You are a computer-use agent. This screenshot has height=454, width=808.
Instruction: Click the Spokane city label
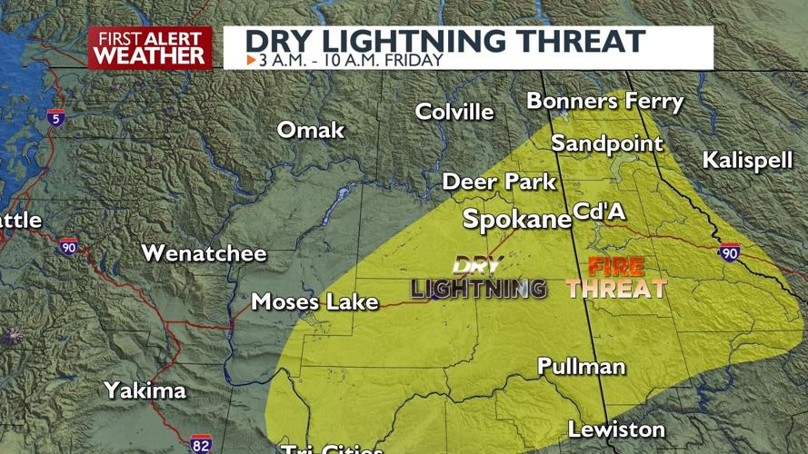pos(516,219)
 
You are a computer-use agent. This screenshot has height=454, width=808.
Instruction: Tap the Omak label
pos(311,130)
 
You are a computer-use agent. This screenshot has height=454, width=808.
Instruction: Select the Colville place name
pos(454,112)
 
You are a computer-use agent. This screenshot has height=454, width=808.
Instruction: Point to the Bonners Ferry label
pos(604,101)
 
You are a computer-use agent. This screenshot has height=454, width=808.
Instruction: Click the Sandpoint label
pos(607,143)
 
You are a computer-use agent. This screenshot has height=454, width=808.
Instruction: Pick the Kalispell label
pos(747,161)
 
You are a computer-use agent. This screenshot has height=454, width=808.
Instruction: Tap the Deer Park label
pos(499,182)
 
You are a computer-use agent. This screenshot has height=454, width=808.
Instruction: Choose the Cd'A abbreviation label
pos(600,212)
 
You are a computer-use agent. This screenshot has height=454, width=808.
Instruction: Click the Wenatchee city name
pos(204,253)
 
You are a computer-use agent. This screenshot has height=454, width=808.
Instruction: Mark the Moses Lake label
pos(314,301)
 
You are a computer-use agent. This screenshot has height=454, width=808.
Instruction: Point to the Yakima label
pos(145,390)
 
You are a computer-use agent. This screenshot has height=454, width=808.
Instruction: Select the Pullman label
pos(582,366)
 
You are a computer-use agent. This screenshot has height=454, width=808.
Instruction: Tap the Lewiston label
pos(616,429)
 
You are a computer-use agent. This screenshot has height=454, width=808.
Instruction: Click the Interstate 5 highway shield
pos(55,116)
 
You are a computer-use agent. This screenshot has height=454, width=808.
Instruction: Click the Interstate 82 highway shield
pos(202,444)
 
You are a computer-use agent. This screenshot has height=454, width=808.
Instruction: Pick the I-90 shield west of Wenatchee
pos(69,245)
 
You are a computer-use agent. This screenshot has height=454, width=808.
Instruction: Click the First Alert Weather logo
pos(150,48)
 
